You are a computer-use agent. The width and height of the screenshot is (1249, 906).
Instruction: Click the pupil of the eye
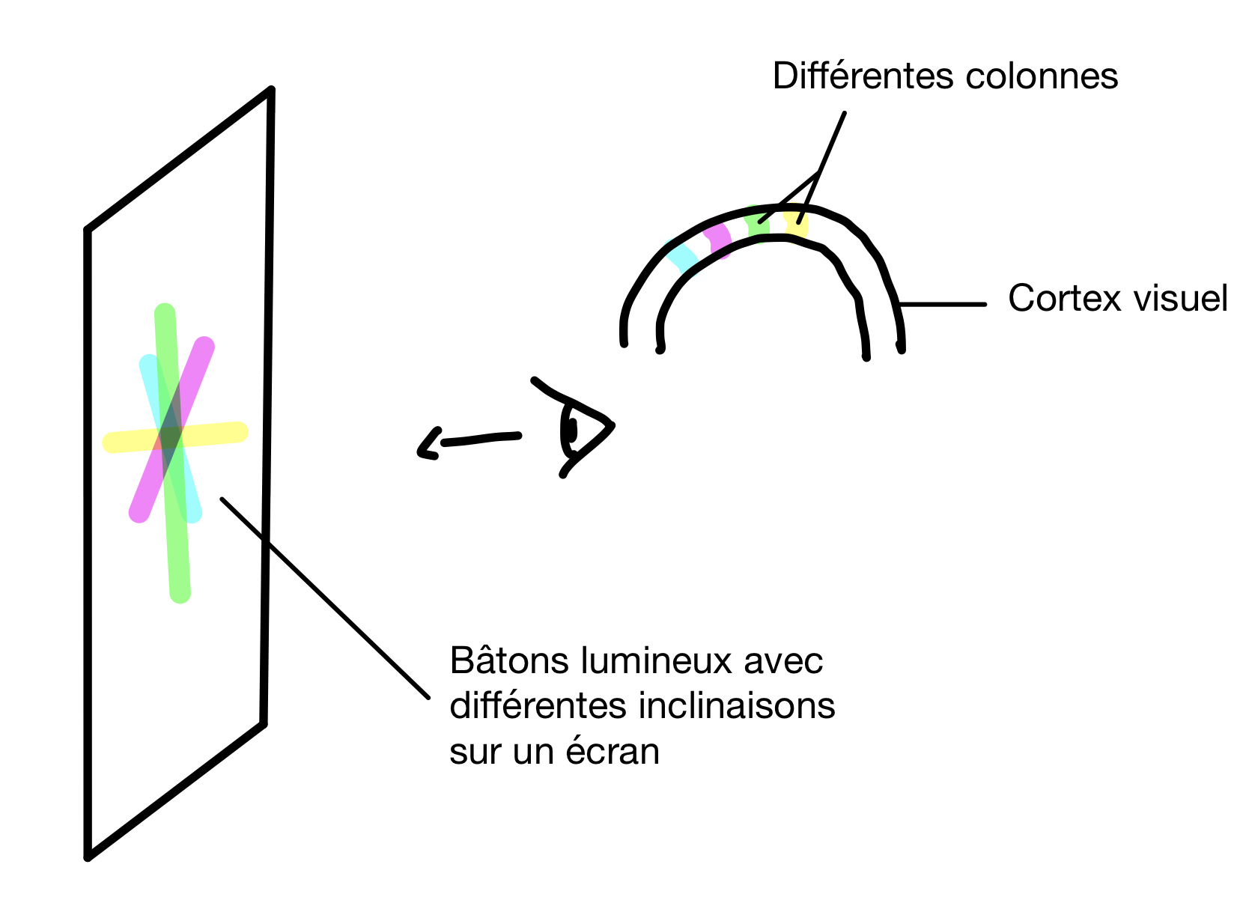click(572, 431)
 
